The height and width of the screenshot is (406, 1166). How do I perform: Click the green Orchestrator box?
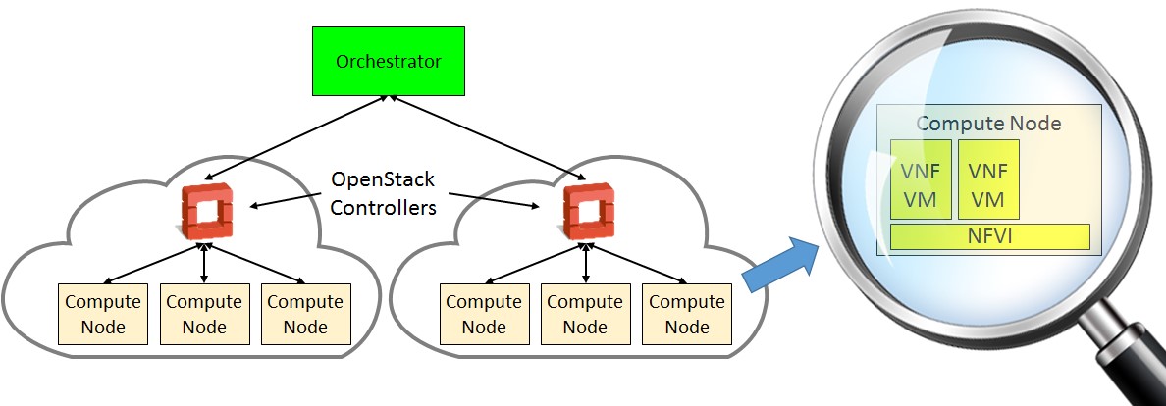pyautogui.click(x=389, y=62)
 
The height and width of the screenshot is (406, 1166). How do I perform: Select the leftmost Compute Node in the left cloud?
pyautogui.click(x=103, y=314)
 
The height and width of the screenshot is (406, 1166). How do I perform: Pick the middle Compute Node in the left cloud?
pyautogui.click(x=204, y=314)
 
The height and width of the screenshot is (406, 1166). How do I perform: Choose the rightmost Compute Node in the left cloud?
pyautogui.click(x=306, y=314)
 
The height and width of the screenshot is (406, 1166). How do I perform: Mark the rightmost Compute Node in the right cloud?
pyautogui.click(x=686, y=314)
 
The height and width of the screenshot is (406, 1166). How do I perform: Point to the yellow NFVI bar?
pyautogui.click(x=989, y=236)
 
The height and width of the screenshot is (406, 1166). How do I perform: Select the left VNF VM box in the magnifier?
pyautogui.click(x=920, y=179)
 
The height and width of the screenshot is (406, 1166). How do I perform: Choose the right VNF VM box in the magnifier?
pyautogui.click(x=987, y=179)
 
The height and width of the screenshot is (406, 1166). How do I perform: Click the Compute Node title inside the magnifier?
pyautogui.click(x=988, y=125)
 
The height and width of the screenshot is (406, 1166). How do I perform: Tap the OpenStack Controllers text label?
pyautogui.click(x=383, y=194)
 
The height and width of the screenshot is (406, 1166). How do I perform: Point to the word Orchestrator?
pyautogui.click(x=389, y=62)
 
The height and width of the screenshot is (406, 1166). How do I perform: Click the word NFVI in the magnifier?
pyautogui.click(x=989, y=236)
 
